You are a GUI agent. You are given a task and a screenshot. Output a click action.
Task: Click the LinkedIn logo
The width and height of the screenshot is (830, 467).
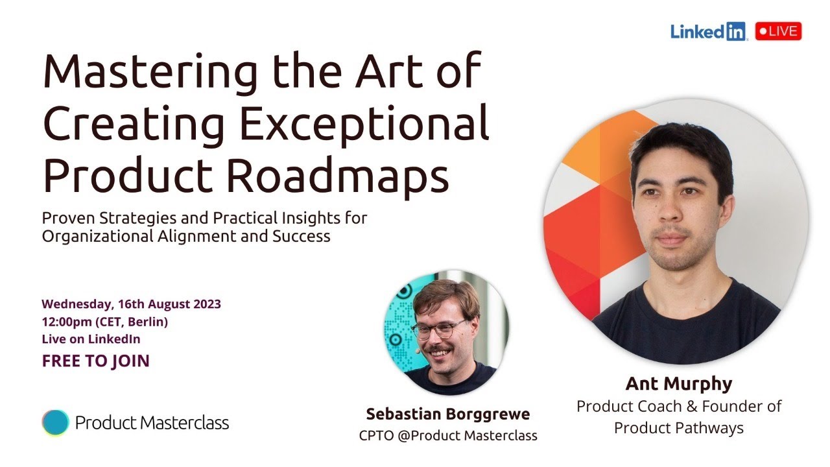[708, 31]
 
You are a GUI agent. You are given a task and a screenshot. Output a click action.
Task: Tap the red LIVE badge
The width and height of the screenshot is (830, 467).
[778, 31]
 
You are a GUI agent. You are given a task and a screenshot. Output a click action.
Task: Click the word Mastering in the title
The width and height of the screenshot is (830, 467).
[149, 73]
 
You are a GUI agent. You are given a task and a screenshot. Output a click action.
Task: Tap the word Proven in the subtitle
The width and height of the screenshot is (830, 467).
[69, 218]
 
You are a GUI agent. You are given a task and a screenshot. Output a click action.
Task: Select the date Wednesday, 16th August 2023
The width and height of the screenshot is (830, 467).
[131, 304]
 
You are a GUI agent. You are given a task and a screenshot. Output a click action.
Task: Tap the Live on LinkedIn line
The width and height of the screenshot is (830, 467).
[91, 339]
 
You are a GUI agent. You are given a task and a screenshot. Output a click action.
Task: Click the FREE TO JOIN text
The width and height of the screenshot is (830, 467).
[95, 361]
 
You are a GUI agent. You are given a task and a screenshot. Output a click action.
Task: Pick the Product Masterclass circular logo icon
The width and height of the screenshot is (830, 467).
[55, 423]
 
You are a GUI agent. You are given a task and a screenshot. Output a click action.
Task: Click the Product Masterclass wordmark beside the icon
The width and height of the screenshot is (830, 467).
[152, 424]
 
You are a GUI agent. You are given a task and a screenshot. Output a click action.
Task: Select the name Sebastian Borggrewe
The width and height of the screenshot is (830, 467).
[447, 414]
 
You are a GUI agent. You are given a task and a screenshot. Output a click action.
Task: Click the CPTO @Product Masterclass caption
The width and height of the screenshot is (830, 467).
[448, 436]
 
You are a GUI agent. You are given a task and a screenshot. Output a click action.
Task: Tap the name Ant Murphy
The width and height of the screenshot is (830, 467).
[678, 384]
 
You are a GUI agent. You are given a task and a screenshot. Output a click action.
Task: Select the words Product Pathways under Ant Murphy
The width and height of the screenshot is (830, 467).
[678, 428]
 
